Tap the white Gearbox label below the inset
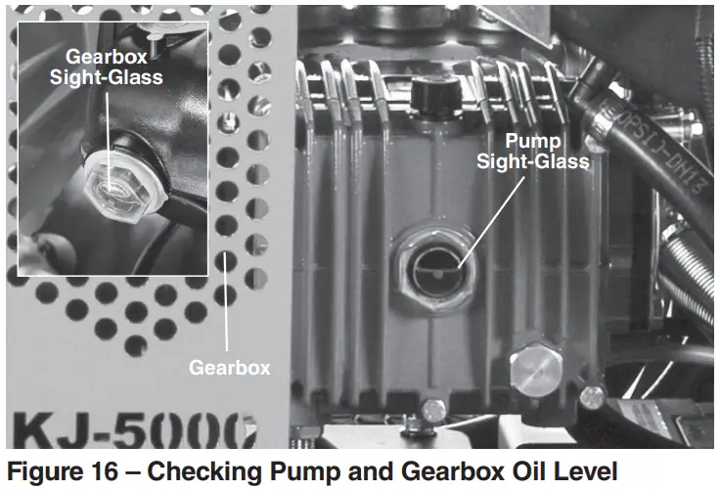[x=229, y=368]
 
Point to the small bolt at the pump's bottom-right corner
[x=592, y=395]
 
